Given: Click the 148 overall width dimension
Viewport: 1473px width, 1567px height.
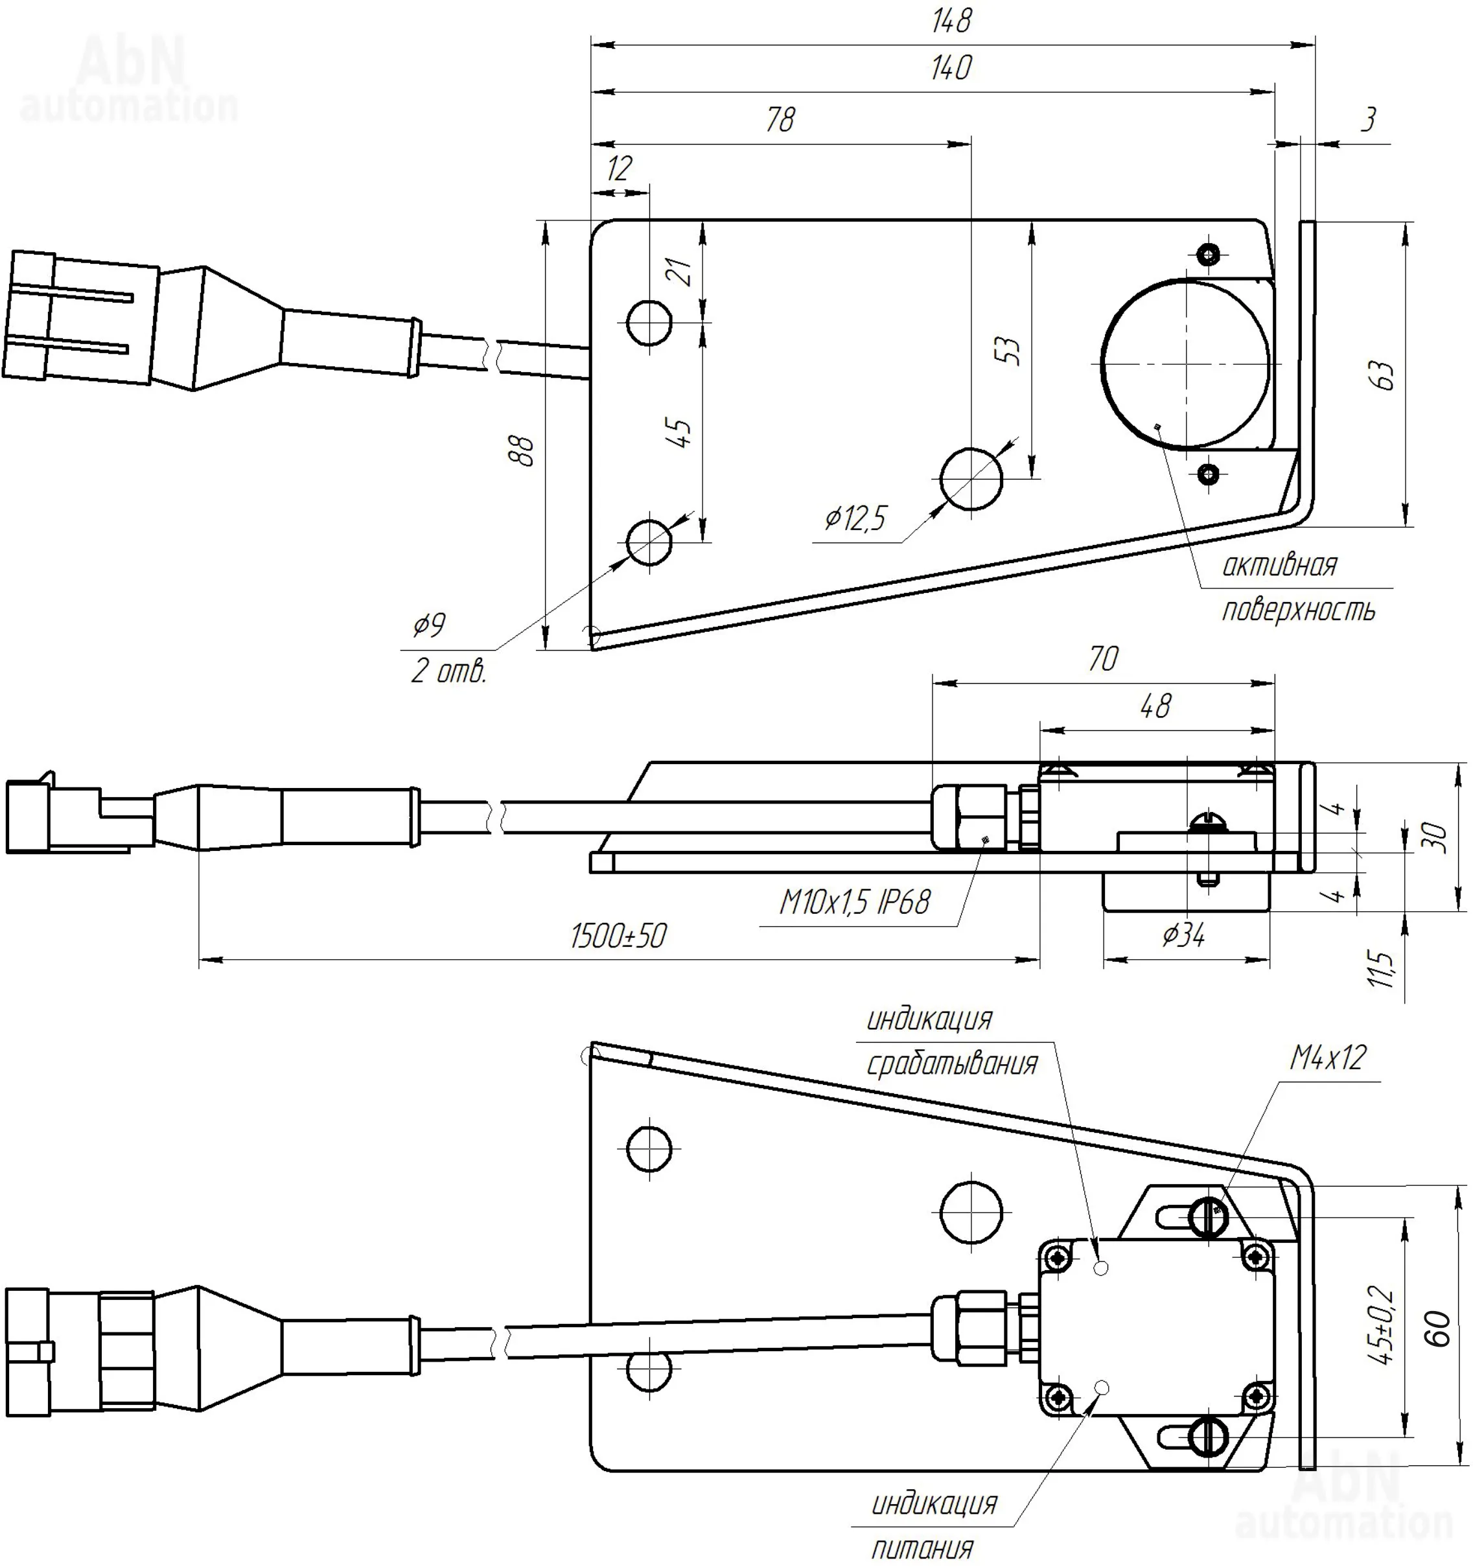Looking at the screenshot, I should pos(951,21).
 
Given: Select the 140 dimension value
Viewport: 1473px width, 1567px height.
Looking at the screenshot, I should pos(951,69).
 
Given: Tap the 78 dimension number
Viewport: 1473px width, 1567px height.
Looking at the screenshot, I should pos(780,120).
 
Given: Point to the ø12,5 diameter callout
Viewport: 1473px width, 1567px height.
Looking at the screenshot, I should pos(855,518).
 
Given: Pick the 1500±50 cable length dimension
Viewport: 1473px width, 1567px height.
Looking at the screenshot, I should pos(619,936).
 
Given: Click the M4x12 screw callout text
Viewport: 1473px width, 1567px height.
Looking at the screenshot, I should pos(1327,1058).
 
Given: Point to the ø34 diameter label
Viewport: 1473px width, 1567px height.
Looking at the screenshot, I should pos(1184,936).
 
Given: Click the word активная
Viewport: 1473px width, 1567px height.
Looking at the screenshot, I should pos(1279,565).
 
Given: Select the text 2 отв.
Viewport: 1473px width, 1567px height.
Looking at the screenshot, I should pos(448,671).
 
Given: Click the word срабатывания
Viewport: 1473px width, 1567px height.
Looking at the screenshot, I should pos(952,1064).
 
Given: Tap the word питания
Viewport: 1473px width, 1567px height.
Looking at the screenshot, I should pos(923,1548).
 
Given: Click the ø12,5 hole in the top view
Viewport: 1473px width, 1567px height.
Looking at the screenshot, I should pos(971,480).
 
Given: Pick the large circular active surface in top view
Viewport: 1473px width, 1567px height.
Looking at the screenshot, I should pos(1185,362).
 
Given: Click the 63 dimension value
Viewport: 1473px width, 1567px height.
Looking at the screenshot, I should pos(1384,375).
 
